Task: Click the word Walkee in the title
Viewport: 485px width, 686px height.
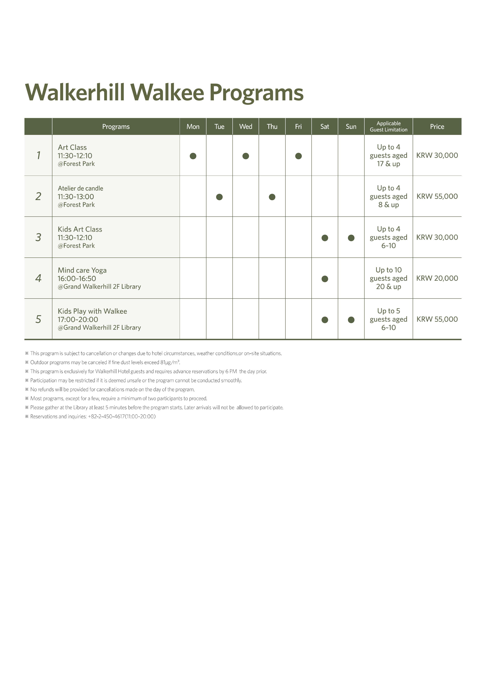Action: pyautogui.click(x=170, y=92)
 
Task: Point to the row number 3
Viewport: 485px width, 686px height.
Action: pyautogui.click(x=38, y=237)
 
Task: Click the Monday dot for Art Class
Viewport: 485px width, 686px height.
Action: pyautogui.click(x=193, y=156)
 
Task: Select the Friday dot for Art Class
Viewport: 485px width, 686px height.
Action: pyautogui.click(x=298, y=156)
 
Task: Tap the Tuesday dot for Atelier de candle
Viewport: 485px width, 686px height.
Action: pyautogui.click(x=219, y=197)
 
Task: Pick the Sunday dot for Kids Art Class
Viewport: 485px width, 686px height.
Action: pyautogui.click(x=351, y=238)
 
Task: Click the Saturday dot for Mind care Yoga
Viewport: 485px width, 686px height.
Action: pyautogui.click(x=325, y=279)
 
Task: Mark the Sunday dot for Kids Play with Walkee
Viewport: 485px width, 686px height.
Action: pyautogui.click(x=351, y=320)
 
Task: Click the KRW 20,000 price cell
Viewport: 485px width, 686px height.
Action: pyautogui.click(x=437, y=278)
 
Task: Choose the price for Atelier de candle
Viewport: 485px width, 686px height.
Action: pyautogui.click(x=437, y=196)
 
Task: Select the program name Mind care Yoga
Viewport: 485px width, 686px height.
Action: pyautogui.click(x=82, y=270)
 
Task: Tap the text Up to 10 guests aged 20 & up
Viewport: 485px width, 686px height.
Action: pyautogui.click(x=388, y=278)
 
